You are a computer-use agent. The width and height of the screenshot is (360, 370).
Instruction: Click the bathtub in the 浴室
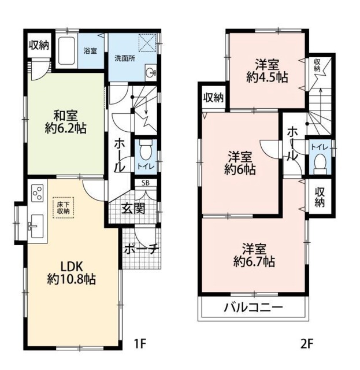click(x=67, y=50)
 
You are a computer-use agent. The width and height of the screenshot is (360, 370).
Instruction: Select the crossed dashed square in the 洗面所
click(x=147, y=43)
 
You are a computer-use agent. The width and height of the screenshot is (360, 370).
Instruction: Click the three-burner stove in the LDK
click(x=38, y=193)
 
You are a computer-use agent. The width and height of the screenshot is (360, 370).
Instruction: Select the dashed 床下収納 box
click(x=63, y=208)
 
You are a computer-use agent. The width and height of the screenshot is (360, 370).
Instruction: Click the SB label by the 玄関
click(x=145, y=183)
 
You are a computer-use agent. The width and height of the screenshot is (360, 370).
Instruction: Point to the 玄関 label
click(x=133, y=208)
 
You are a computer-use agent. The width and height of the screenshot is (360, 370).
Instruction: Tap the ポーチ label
click(x=141, y=249)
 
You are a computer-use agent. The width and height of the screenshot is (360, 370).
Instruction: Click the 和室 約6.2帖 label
click(x=65, y=122)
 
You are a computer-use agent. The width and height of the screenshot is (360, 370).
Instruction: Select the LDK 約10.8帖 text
click(x=71, y=273)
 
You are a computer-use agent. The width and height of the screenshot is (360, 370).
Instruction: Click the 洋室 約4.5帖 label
click(x=267, y=71)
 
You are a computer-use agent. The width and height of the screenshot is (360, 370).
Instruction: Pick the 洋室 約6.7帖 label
click(x=254, y=256)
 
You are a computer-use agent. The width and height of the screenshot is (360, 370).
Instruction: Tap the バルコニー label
click(x=253, y=307)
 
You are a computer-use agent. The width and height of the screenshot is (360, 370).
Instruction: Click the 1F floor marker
click(x=140, y=344)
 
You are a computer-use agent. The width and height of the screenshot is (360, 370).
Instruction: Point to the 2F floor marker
click(x=307, y=344)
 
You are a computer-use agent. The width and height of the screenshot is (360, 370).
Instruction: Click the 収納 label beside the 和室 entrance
click(x=39, y=45)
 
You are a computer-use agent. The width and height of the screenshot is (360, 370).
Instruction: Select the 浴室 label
click(x=90, y=51)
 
